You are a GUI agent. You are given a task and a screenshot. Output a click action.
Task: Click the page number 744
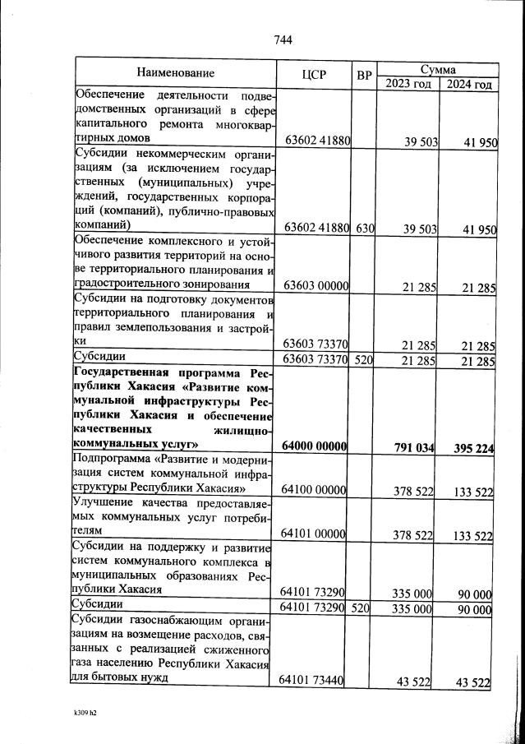[x=282, y=39]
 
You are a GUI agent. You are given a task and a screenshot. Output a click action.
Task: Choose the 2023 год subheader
[x=408, y=84]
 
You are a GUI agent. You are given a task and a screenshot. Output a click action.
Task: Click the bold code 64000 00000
[x=316, y=446]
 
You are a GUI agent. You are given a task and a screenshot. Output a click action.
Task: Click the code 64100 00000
[x=316, y=490]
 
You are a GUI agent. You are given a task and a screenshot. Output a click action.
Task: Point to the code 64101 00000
[x=316, y=534]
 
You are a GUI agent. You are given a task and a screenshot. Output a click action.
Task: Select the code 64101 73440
[x=316, y=681]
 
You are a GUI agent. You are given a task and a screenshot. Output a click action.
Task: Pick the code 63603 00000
[x=316, y=286]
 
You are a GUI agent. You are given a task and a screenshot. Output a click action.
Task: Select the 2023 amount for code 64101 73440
[x=415, y=682]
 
